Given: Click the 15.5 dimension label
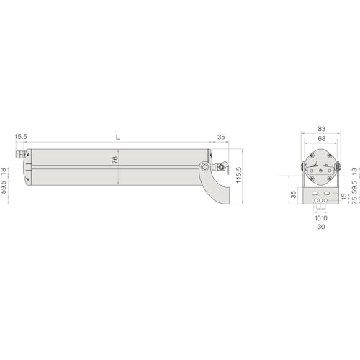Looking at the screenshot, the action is [21, 137].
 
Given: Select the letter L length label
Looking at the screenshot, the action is [117, 138].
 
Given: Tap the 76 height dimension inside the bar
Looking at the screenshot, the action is [115, 160].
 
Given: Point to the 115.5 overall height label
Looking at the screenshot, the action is [239, 175].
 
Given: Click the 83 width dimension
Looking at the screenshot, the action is [322, 129].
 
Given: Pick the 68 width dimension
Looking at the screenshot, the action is [322, 138].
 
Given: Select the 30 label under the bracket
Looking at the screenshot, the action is [321, 227].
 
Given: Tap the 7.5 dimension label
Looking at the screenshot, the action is [354, 200].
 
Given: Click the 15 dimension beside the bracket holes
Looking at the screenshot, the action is [344, 197].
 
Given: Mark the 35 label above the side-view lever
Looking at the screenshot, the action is [221, 137].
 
